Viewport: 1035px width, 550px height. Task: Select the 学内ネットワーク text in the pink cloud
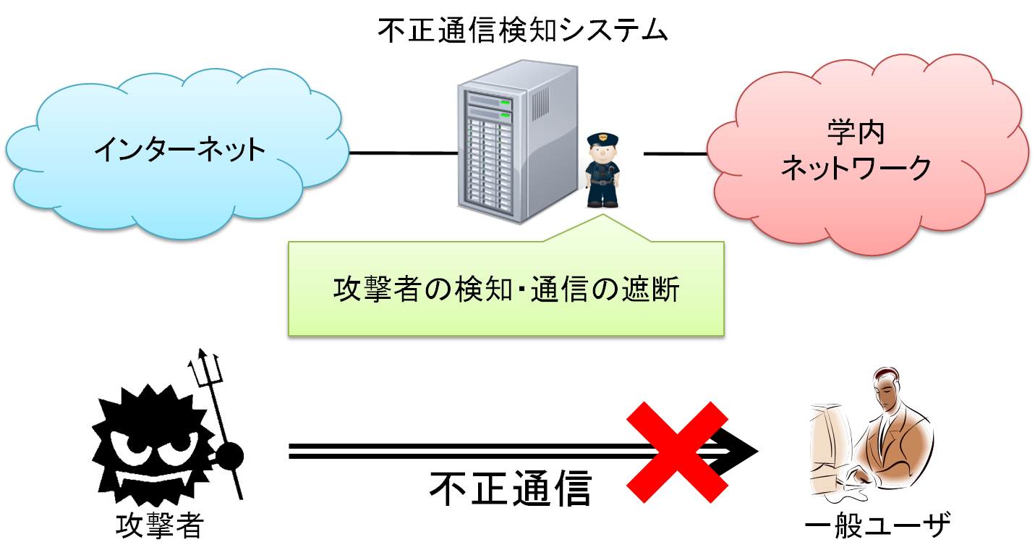[856, 151]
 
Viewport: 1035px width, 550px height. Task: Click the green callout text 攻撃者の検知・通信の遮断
[506, 289]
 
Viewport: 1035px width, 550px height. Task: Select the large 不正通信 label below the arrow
[510, 489]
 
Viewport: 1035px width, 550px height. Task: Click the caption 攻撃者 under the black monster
[160, 526]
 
